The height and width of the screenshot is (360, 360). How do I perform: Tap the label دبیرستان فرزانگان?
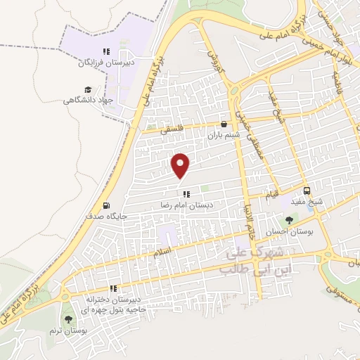pos(105,62)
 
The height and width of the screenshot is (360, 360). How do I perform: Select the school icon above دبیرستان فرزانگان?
pos(106,51)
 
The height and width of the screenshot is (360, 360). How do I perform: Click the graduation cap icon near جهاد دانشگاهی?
pos(88,89)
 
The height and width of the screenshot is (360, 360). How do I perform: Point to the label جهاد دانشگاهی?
pos(88,100)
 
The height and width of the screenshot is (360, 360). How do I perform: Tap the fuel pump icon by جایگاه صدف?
pos(106,206)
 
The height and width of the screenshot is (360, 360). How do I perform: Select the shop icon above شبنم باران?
pos(224,124)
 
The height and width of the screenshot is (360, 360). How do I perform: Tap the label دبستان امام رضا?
pos(186,205)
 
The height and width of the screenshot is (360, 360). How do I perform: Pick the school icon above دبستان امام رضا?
pos(186,194)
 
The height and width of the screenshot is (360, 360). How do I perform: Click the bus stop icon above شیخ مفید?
pos(307,191)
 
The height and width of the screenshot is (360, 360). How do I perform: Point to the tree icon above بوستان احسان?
pos(289,221)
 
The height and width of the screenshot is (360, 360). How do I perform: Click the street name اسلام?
pos(162,250)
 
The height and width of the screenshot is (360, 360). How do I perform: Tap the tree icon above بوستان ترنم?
pos(67,319)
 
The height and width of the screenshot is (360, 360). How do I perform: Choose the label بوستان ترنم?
pos(67,330)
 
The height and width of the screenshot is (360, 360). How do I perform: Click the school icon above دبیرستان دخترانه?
pos(112,288)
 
